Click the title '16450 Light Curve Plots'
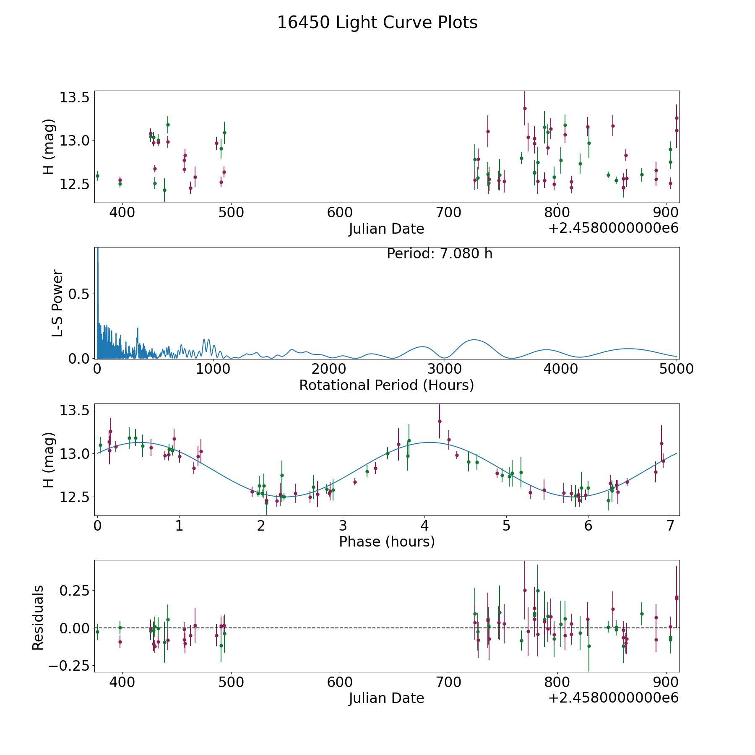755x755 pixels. click(377, 23)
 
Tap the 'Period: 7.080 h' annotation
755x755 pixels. click(439, 254)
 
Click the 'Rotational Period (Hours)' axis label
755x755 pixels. click(386, 385)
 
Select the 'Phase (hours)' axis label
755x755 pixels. click(386, 542)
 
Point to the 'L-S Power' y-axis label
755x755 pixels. click(57, 303)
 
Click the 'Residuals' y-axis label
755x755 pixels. click(38, 618)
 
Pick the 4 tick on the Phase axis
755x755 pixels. click(425, 526)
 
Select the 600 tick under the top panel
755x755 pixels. click(340, 213)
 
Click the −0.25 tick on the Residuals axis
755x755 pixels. click(71, 666)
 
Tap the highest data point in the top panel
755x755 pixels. click(525, 108)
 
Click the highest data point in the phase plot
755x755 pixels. click(440, 421)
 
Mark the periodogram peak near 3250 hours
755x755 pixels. click(474, 340)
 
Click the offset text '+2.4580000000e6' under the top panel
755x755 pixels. click(613, 228)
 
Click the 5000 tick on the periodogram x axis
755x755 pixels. click(677, 369)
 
